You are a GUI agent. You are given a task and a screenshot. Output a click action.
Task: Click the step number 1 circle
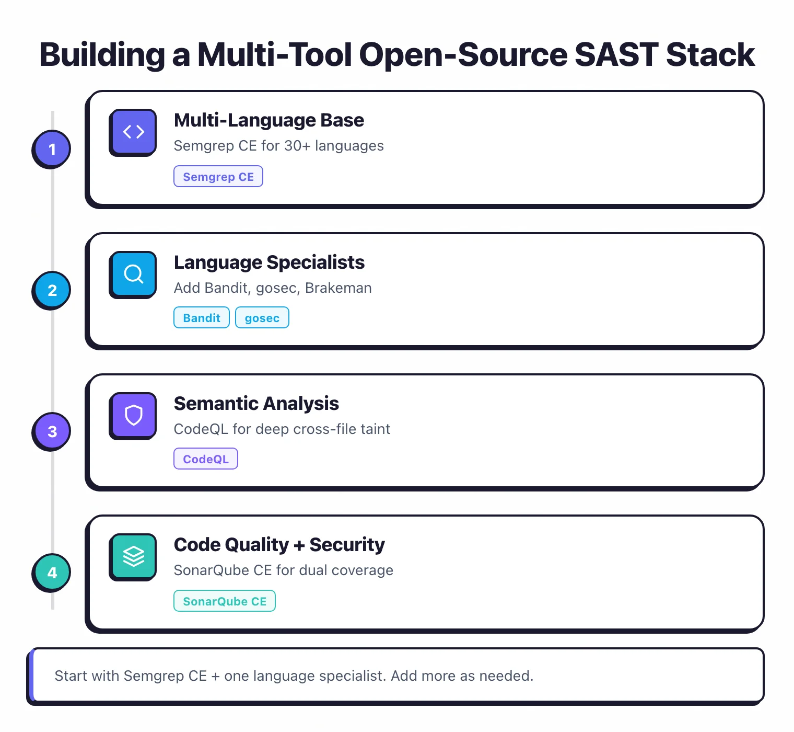point(52,149)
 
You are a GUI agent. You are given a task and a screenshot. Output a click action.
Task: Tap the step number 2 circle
point(52,290)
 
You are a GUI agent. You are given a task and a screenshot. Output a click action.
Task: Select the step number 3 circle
point(52,431)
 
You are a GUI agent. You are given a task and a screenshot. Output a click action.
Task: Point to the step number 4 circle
point(52,573)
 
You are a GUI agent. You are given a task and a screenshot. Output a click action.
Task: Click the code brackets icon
point(133,132)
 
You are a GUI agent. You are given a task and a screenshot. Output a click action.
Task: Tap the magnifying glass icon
point(133,273)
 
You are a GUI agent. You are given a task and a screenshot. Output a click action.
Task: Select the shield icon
point(133,415)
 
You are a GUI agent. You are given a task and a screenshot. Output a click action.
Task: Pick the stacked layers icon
point(133,556)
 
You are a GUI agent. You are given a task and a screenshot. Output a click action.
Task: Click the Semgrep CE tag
point(218,177)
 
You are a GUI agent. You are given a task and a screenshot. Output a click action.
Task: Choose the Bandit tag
point(202,318)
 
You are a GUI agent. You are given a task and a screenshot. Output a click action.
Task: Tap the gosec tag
point(262,318)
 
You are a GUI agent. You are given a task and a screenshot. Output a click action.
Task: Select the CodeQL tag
point(206,459)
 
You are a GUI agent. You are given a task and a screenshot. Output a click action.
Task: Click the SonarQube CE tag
point(225,601)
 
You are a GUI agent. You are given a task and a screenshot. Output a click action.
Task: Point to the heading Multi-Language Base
point(269,120)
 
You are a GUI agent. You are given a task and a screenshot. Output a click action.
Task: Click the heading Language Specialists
point(269,262)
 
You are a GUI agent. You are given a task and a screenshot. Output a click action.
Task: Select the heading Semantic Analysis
point(256,404)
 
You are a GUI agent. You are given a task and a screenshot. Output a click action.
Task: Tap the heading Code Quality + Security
point(279,545)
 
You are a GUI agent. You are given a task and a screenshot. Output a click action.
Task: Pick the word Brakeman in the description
point(338,288)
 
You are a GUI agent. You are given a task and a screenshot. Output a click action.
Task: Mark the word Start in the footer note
point(71,676)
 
